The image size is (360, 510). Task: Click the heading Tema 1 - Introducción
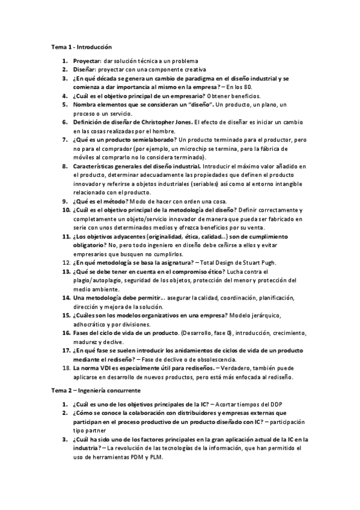(81, 46)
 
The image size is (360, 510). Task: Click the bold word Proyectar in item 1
(87, 61)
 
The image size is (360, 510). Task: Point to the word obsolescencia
(207, 358)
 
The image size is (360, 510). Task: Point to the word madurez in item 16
(85, 341)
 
